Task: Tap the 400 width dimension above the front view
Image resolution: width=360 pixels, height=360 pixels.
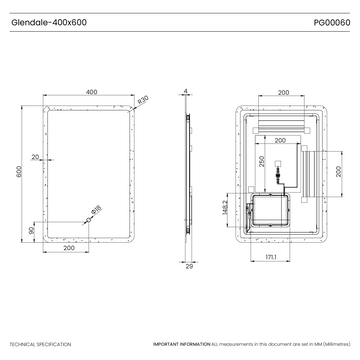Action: (x=91, y=92)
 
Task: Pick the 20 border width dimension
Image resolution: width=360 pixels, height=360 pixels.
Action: (x=37, y=157)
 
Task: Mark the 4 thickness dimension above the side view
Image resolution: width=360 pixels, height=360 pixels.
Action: (x=186, y=92)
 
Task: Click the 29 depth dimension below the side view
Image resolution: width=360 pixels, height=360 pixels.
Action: (x=189, y=266)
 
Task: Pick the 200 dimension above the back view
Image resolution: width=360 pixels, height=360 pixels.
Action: (x=283, y=92)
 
